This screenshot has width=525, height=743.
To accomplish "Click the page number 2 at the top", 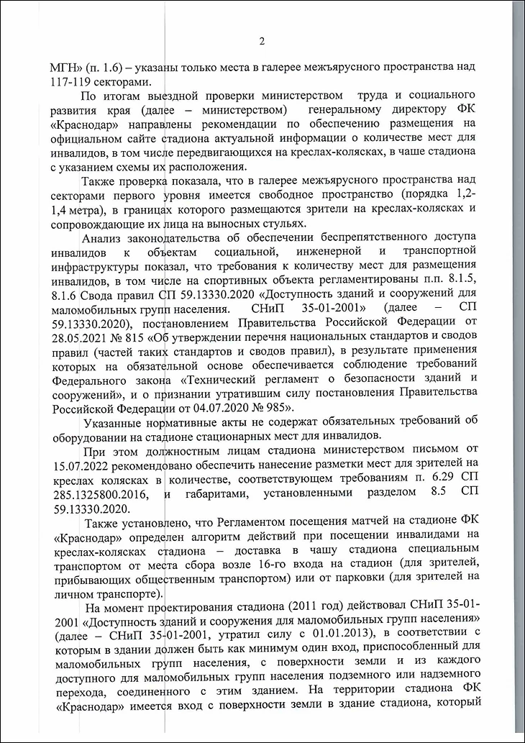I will click(x=262, y=41).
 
